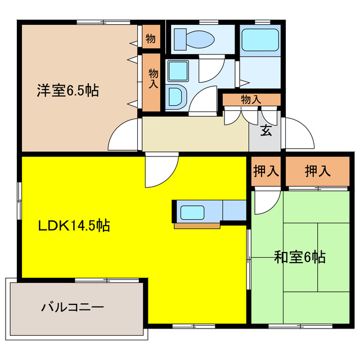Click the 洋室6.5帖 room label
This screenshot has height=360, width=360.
point(67,90)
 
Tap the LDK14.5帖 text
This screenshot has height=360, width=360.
point(73,226)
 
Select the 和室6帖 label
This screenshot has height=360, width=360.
point(299,257)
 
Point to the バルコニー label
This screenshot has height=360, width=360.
point(72,308)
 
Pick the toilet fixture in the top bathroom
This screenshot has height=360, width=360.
point(192,39)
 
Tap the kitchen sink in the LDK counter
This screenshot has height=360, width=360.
point(192,212)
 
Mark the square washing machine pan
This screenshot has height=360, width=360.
point(178,71)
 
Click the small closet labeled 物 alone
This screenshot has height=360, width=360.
point(151,38)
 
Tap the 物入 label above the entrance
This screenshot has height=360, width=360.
point(251,100)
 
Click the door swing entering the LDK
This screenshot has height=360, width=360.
point(160,172)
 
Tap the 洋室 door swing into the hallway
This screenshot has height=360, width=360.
point(125,136)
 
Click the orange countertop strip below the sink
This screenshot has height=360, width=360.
point(197,226)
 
